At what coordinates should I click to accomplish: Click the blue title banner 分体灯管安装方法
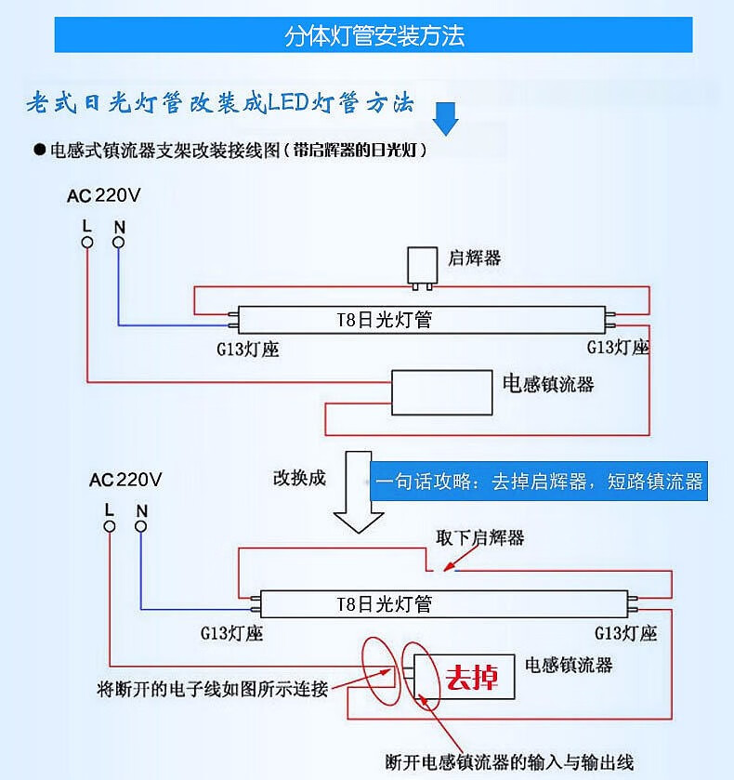click(x=374, y=35)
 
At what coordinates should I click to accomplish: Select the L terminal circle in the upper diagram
click(x=87, y=243)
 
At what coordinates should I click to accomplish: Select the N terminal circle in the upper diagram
click(x=119, y=243)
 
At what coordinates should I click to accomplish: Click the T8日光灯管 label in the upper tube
click(x=384, y=320)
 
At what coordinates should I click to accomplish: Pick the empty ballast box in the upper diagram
click(x=440, y=393)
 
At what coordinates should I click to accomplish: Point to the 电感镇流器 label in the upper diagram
click(x=547, y=383)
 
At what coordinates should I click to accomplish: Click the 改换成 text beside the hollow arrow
click(x=299, y=478)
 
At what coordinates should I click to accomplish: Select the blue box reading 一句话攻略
click(x=539, y=482)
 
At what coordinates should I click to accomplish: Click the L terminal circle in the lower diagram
click(x=110, y=526)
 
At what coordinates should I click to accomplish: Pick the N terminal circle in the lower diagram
click(x=141, y=526)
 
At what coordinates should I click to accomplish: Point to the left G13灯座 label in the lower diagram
click(x=231, y=633)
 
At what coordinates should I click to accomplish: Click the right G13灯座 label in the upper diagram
click(x=618, y=347)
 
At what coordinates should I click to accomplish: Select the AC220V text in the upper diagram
click(x=103, y=196)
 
